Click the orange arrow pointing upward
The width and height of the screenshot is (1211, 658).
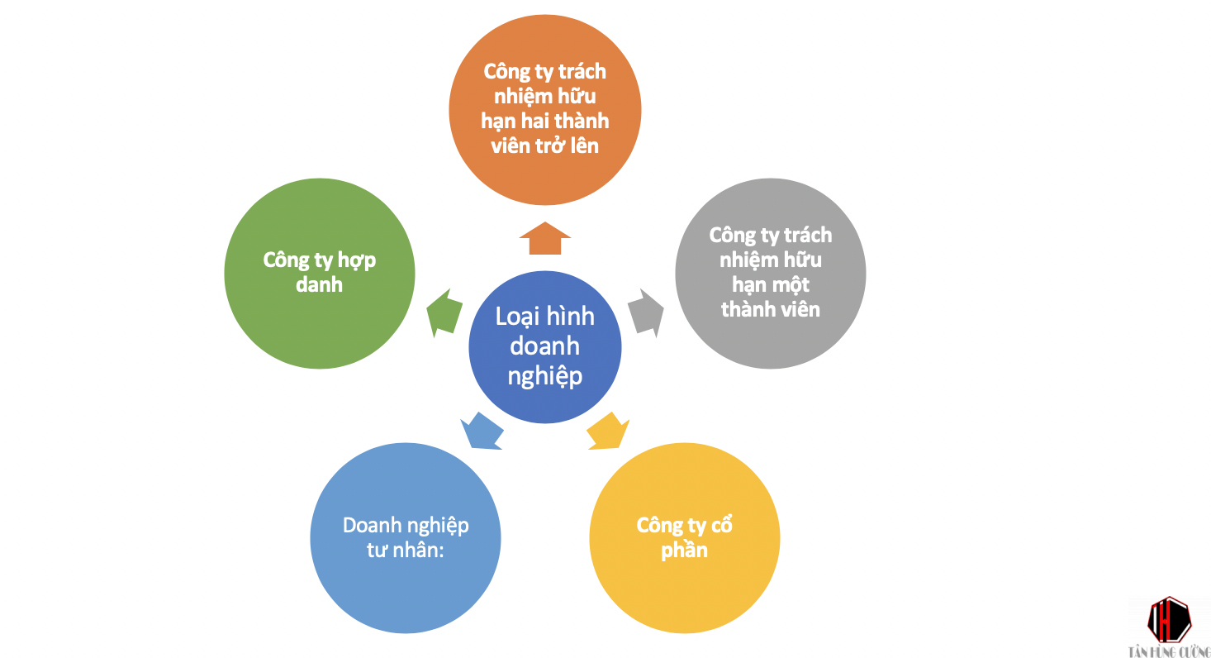point(545,239)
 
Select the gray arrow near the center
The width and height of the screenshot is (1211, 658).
point(647,312)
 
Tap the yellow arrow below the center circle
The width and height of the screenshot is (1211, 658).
point(608,432)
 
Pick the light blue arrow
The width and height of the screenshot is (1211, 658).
point(483,431)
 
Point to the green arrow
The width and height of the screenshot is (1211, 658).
point(444,312)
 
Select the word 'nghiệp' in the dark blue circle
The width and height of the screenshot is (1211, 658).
point(544,376)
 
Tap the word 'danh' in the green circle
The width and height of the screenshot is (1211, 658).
point(319,284)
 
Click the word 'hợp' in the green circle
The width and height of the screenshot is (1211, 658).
point(358,260)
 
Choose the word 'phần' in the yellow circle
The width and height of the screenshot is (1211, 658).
point(684,550)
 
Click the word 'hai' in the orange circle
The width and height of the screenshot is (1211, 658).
point(541,121)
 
